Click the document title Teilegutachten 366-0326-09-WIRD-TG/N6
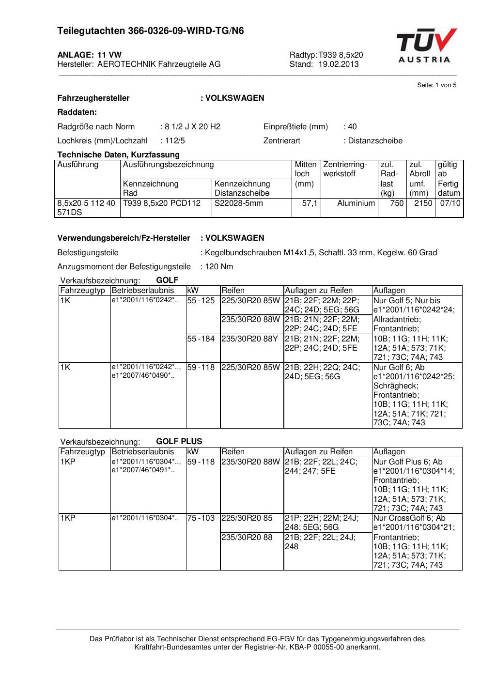point(150,31)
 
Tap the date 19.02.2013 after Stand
point(338,64)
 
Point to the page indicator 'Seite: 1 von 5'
point(436,85)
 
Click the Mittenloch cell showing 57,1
point(310,203)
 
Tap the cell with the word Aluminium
point(356,203)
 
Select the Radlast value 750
point(397,203)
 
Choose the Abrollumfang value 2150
point(423,203)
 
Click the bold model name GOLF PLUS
point(179,442)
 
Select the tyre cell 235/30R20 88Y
point(250,339)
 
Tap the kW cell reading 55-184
point(201,339)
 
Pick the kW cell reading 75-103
point(201,518)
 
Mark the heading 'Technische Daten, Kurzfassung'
point(118,155)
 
